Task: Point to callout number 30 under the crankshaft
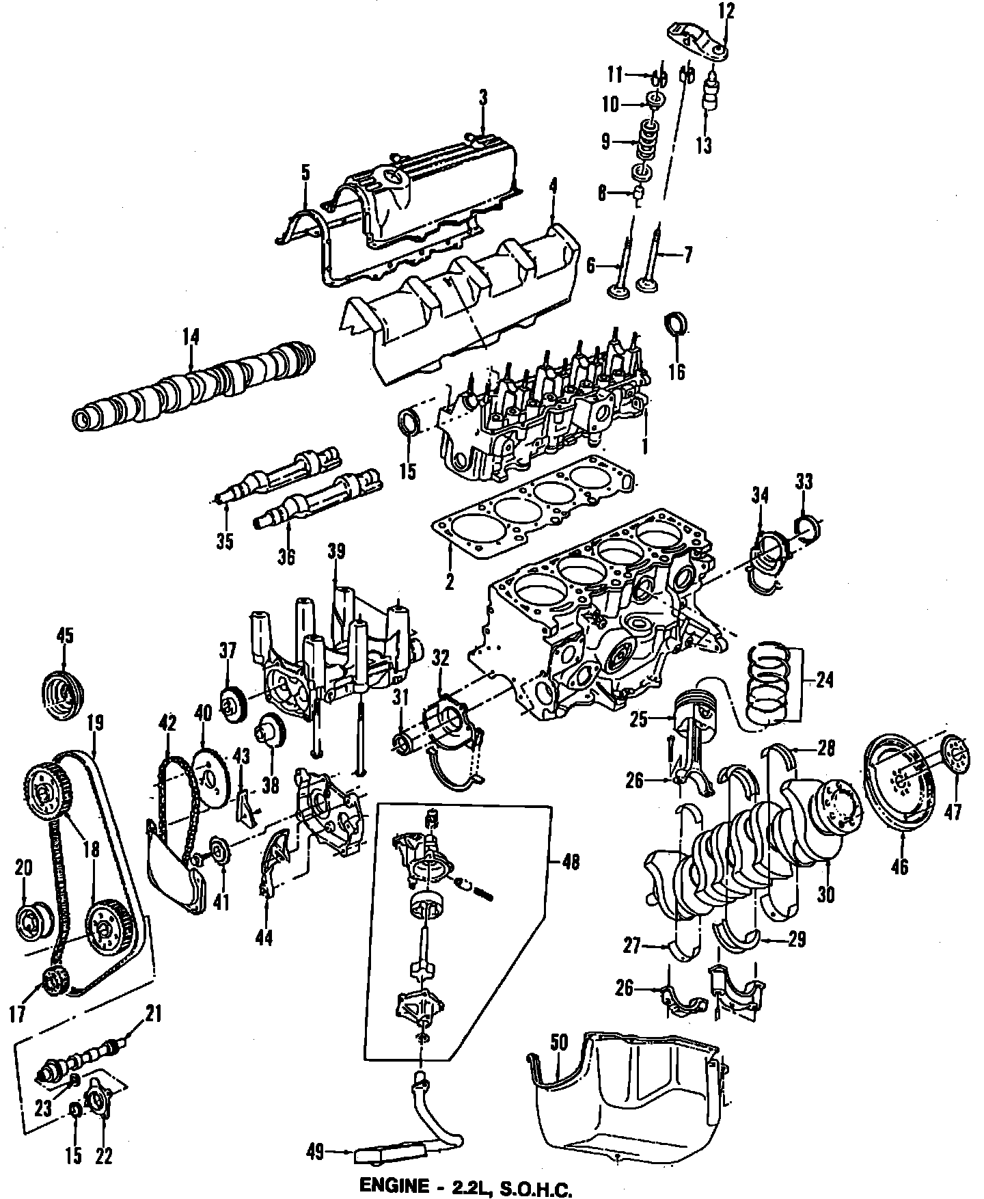click(x=826, y=894)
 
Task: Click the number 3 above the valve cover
click(x=483, y=98)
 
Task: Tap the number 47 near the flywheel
click(x=953, y=811)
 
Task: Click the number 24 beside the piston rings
click(x=825, y=680)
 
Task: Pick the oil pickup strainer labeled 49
click(x=376, y=1155)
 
